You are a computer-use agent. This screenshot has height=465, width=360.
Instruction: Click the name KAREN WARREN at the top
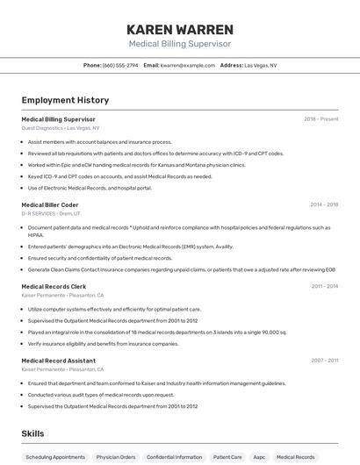[x=180, y=29]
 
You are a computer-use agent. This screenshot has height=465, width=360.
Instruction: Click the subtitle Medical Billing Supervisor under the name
[x=180, y=43]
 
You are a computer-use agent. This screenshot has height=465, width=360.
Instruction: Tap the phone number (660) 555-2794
[x=120, y=65]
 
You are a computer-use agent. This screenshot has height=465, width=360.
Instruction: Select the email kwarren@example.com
[x=187, y=65]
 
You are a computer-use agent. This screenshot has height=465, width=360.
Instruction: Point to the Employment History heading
[x=65, y=100]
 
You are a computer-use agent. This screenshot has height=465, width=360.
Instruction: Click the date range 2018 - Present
[x=321, y=118]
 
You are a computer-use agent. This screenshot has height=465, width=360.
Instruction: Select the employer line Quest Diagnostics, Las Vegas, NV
[x=60, y=128]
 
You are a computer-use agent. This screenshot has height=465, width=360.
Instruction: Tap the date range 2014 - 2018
[x=324, y=204]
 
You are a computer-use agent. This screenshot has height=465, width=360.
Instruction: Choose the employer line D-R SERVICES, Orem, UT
[x=51, y=213]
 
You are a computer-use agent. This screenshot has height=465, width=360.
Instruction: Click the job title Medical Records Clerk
[x=54, y=286]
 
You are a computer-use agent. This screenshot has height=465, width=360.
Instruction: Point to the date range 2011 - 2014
[x=324, y=286]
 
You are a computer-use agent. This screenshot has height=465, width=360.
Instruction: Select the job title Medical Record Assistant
[x=58, y=360]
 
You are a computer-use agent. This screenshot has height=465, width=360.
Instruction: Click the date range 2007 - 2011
[x=324, y=360]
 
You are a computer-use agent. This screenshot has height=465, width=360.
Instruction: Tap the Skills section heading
[x=32, y=433]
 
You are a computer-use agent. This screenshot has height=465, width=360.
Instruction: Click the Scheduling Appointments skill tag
[x=55, y=457]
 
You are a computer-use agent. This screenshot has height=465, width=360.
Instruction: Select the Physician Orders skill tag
[x=116, y=457]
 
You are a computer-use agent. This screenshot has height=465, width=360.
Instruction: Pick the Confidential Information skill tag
[x=174, y=457]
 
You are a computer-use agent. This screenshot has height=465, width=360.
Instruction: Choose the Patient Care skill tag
[x=227, y=457]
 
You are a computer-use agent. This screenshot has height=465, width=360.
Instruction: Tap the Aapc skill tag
[x=260, y=457]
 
